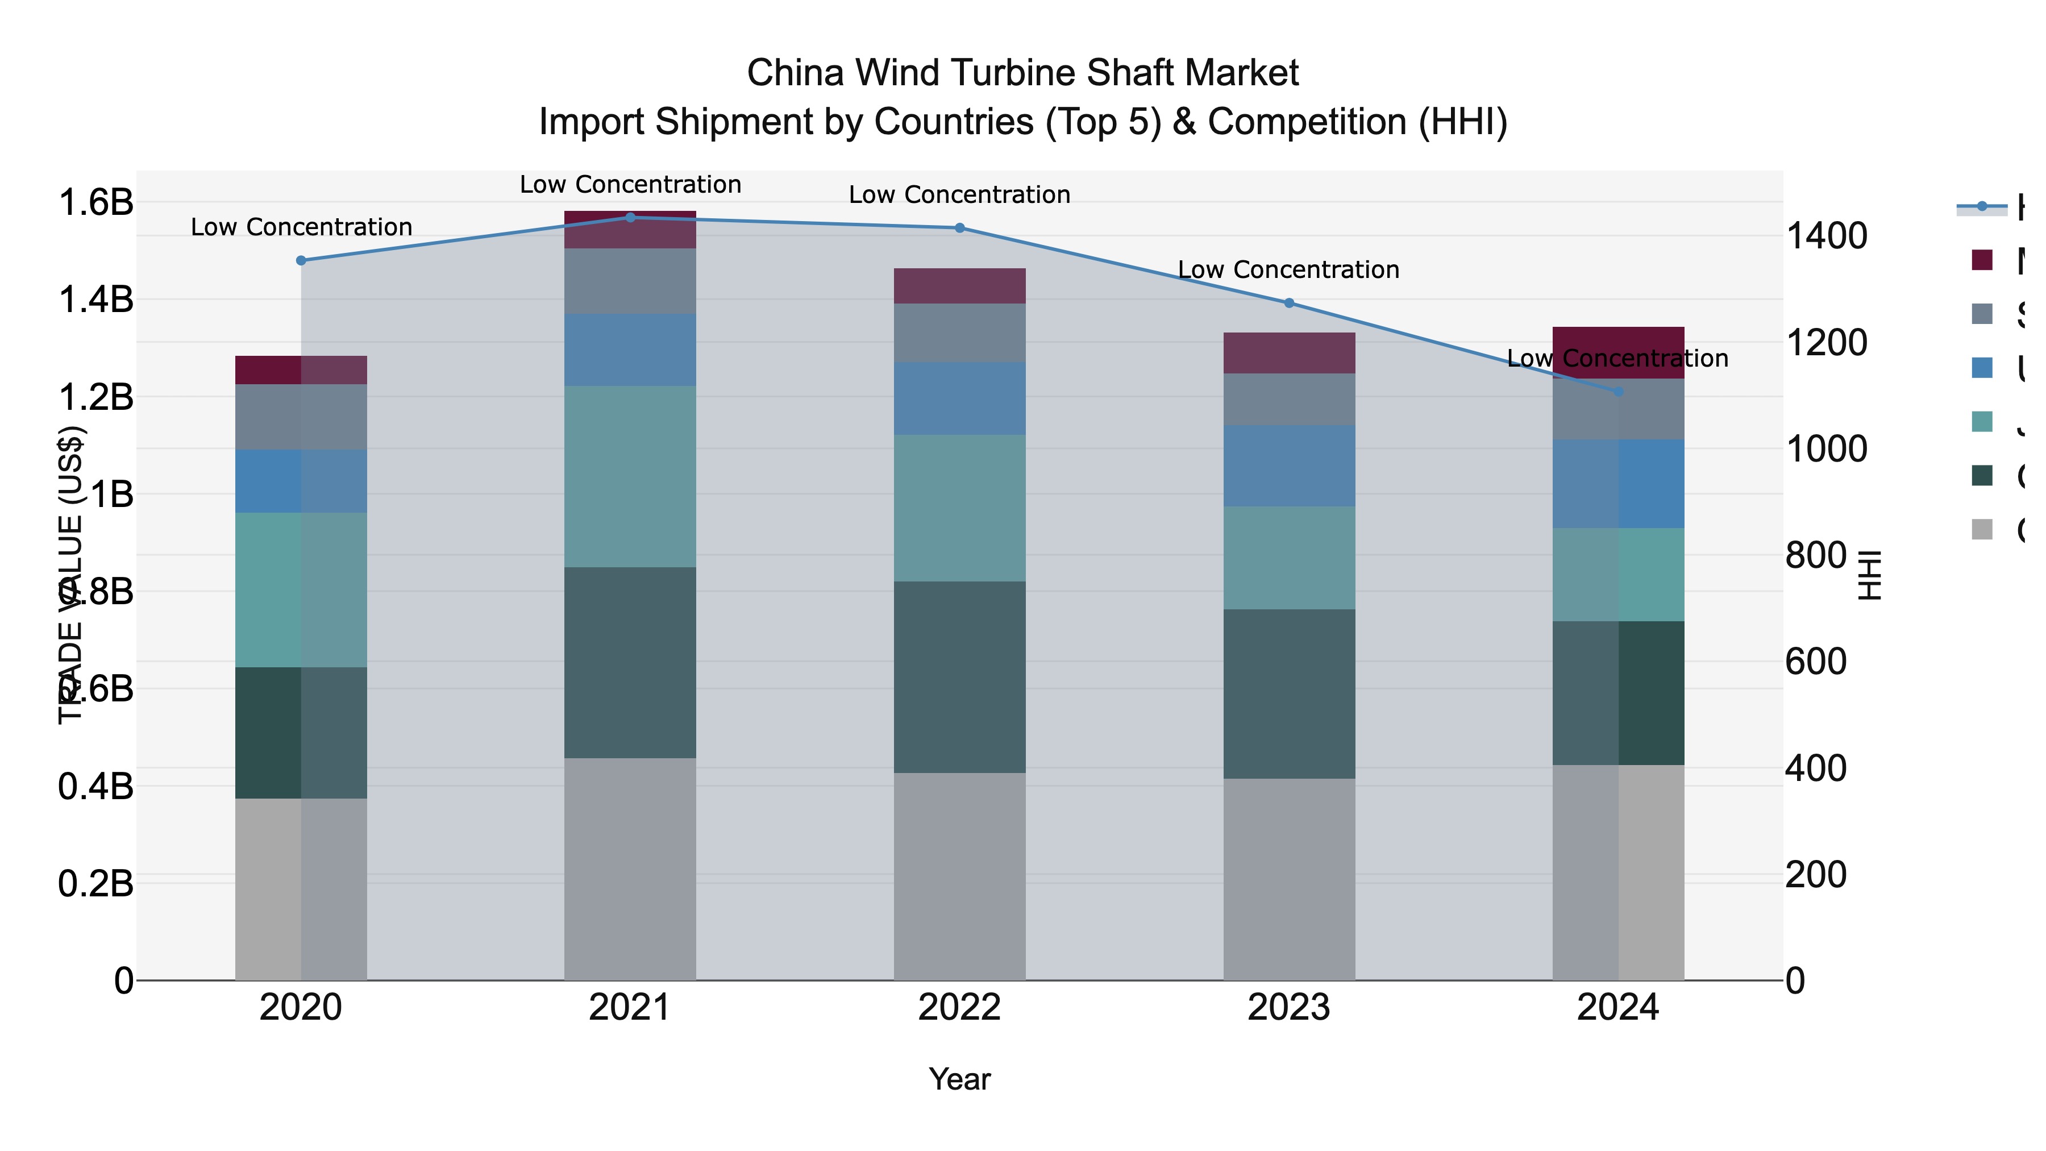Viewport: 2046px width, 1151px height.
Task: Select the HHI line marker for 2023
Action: (1289, 302)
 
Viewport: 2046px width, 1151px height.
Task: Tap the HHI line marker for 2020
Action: (301, 260)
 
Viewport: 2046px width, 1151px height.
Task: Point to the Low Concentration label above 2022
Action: (959, 194)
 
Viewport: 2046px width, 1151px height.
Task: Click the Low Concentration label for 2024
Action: (1618, 359)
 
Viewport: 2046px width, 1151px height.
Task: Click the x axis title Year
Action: (959, 1079)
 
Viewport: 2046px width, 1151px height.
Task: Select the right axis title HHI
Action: (1870, 574)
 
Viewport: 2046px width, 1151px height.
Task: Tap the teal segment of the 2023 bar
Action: (1289, 558)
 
